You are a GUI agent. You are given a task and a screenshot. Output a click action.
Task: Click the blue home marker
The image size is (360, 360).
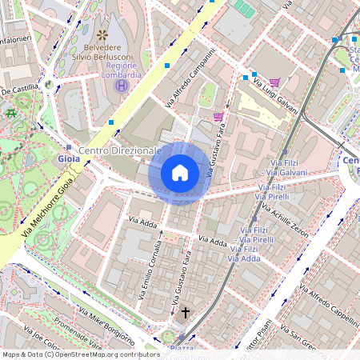(180, 172)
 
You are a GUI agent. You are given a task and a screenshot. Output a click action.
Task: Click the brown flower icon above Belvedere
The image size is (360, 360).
(102, 34)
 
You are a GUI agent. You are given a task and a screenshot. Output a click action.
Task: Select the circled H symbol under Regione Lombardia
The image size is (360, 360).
(122, 86)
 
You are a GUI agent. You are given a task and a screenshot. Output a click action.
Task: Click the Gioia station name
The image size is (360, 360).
(69, 159)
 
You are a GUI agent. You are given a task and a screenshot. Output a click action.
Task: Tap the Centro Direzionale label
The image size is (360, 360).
(121, 150)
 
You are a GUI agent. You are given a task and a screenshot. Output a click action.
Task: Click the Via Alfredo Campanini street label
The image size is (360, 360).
(190, 78)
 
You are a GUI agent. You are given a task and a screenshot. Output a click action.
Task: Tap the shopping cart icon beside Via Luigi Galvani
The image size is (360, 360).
(275, 82)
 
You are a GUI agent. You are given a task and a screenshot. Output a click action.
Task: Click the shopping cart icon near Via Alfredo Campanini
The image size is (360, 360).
(218, 117)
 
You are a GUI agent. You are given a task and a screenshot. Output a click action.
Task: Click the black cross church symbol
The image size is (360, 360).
(186, 312)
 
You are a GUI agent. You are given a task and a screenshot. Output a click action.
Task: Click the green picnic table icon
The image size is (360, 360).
(11, 114)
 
